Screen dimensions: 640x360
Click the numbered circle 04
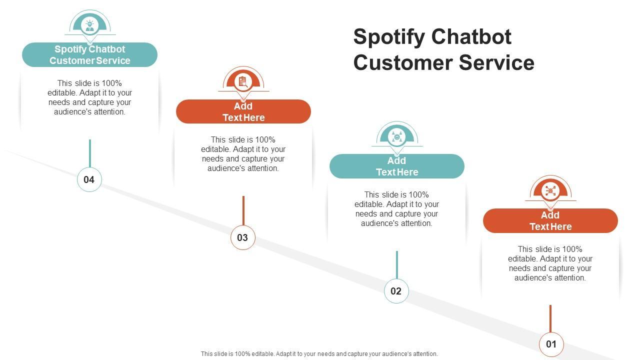click(89, 179)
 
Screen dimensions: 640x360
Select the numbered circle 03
click(243, 237)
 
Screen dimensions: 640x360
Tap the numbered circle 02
click(396, 291)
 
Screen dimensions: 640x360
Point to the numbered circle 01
click(551, 344)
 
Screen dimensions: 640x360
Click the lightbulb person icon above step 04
click(89, 25)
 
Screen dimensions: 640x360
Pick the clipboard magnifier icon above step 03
click(243, 82)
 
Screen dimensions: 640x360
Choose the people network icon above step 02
click(397, 137)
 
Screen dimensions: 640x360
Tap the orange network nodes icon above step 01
click(550, 191)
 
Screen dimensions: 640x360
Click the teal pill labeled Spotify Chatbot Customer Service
click(89, 55)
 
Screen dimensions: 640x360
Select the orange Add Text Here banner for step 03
click(243, 111)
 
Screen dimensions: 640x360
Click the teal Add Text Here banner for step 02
click(397, 166)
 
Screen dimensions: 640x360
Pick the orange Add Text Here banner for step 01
click(550, 220)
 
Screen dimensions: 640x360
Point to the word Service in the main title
click(496, 62)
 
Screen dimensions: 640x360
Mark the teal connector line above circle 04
click(90, 153)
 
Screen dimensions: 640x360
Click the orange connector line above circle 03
click(243, 210)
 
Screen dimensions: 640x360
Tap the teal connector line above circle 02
click(397, 265)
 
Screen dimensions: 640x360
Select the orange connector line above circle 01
click(550, 318)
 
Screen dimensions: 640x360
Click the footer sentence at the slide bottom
click(319, 353)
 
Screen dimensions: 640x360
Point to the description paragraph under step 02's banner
click(396, 209)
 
